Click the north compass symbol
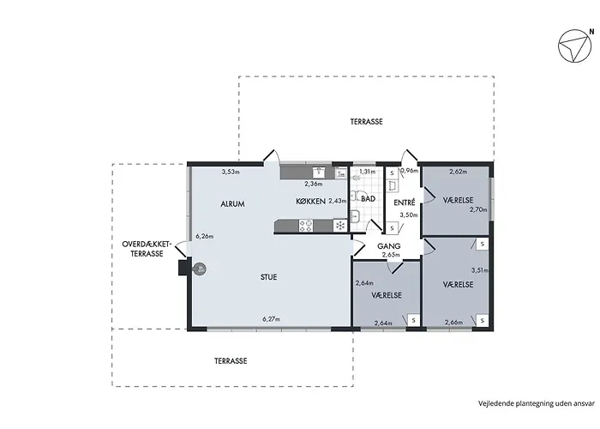[x=574, y=45]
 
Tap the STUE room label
[x=268, y=277]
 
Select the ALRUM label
[x=232, y=204]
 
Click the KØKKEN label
[x=310, y=201]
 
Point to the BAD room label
[x=368, y=199]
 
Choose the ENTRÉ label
[x=405, y=202]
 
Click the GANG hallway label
[x=389, y=246]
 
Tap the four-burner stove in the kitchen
[x=306, y=225]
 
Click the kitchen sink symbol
[x=319, y=172]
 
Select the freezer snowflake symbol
[x=339, y=225]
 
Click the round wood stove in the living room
[x=199, y=269]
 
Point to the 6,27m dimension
[x=272, y=318]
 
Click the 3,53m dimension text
[x=231, y=172]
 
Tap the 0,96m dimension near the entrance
[x=409, y=171]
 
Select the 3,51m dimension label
[x=480, y=270]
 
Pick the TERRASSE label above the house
[x=367, y=122]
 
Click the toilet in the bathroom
[x=357, y=178]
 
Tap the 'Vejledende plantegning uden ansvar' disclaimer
[x=537, y=403]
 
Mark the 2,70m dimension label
[x=478, y=209]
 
